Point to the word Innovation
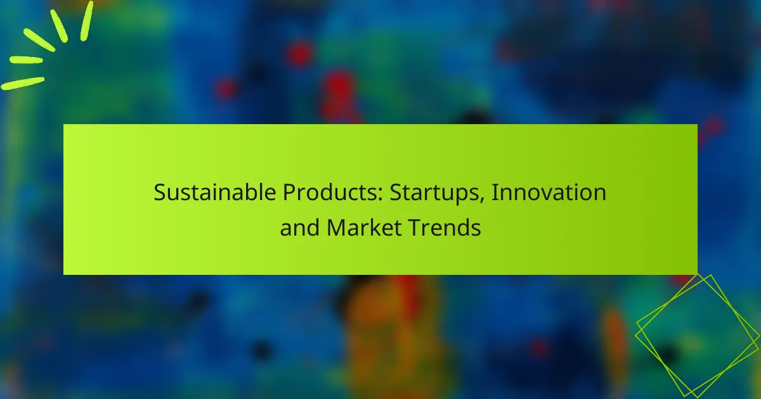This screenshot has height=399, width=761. [549, 193]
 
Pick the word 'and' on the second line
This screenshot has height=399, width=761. [300, 228]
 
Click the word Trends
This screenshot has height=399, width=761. [445, 228]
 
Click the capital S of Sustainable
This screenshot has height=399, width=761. [159, 193]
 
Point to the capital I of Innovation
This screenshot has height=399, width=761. [495, 193]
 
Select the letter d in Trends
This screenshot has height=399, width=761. [462, 228]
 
